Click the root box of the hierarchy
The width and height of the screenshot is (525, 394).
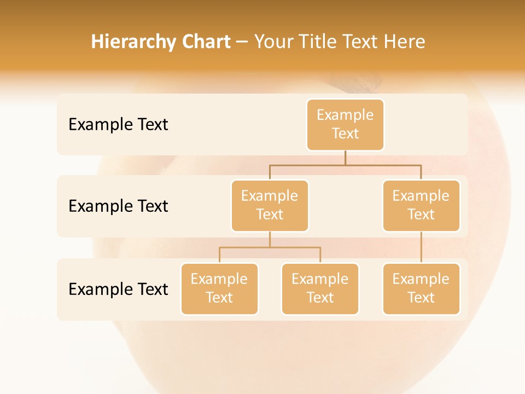point(345,125)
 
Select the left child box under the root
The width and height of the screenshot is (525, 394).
point(270,206)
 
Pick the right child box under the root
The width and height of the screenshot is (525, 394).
point(421,206)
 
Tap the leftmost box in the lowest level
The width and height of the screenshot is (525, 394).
point(219,289)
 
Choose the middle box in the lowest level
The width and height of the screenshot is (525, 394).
point(320,289)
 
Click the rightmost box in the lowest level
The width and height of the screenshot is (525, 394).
point(421,289)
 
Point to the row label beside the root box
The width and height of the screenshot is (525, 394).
point(118,125)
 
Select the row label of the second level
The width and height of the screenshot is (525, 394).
point(118,206)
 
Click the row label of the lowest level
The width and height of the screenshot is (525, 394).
point(118,289)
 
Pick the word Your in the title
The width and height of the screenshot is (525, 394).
point(274,42)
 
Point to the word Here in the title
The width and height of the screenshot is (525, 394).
point(404,42)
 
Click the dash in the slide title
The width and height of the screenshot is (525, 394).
point(242,43)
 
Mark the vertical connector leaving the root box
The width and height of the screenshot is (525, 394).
point(345,158)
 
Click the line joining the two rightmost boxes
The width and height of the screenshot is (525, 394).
point(421,247)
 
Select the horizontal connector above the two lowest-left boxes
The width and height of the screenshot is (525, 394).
point(270,247)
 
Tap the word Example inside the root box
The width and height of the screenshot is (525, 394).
point(345,115)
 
